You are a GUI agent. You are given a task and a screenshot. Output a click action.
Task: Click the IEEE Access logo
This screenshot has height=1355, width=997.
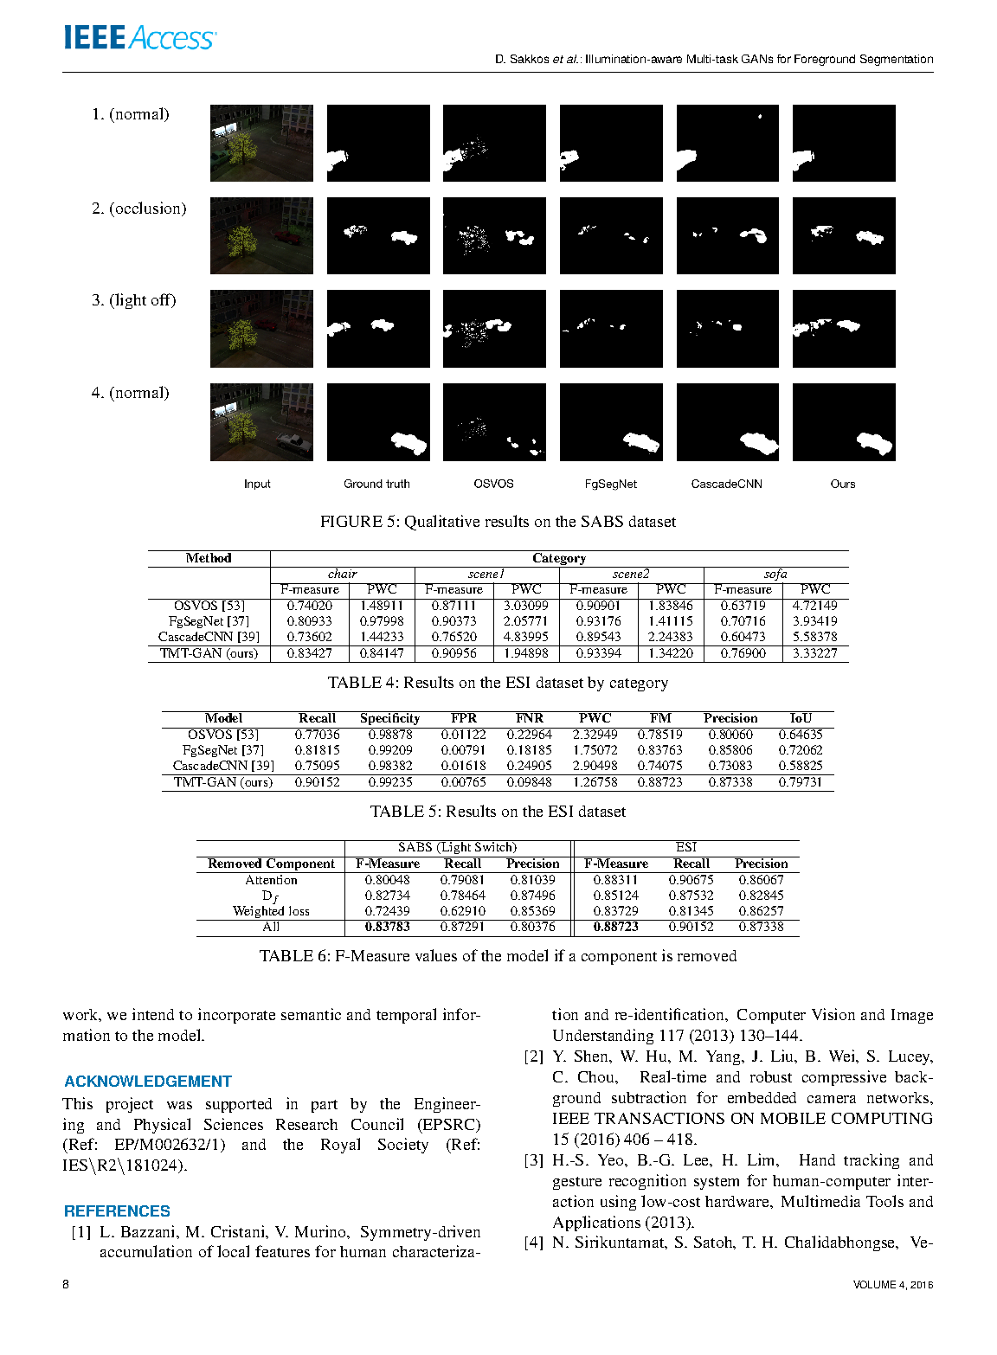click(x=139, y=38)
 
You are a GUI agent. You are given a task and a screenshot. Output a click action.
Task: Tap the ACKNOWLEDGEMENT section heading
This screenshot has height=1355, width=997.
click(x=148, y=1082)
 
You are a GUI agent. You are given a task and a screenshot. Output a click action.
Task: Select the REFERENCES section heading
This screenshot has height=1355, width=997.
click(x=117, y=1211)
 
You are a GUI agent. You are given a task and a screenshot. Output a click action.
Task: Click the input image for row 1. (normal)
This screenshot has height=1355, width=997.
click(x=261, y=143)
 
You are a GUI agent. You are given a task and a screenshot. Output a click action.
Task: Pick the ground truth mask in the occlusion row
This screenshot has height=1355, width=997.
click(x=378, y=236)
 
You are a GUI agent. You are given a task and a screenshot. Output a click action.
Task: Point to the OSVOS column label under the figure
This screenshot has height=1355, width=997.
click(x=493, y=484)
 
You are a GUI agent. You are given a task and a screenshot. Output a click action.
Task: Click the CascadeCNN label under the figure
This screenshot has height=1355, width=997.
click(x=726, y=484)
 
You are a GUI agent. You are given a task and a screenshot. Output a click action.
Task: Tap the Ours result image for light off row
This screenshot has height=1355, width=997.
click(x=844, y=329)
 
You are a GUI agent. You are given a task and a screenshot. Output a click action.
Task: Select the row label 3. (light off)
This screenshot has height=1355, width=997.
click(x=134, y=300)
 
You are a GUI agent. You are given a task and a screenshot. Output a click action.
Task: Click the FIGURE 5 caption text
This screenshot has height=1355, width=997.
click(x=498, y=522)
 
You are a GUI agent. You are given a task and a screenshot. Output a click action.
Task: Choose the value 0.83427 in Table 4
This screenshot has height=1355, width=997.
click(x=310, y=653)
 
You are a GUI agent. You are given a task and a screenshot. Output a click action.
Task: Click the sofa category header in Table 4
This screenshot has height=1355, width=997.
click(x=775, y=574)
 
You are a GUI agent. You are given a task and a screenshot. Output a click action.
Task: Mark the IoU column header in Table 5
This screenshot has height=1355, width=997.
click(x=801, y=718)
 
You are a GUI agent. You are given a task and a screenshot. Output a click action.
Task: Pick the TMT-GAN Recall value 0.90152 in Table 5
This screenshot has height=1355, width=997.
click(x=318, y=782)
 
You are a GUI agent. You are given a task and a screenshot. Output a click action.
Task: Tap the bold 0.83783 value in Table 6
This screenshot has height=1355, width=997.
click(x=388, y=927)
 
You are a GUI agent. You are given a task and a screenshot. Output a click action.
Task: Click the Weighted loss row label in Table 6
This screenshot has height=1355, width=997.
click(x=271, y=911)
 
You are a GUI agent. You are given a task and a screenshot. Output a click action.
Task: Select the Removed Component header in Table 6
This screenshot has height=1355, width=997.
click(x=271, y=864)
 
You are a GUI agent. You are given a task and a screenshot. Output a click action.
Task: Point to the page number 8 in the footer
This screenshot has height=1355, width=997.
click(x=66, y=1284)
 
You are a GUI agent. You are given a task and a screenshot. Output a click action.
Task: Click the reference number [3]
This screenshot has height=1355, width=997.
click(x=534, y=1160)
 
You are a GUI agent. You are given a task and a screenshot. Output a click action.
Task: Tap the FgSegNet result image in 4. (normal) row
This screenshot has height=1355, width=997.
click(x=611, y=422)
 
